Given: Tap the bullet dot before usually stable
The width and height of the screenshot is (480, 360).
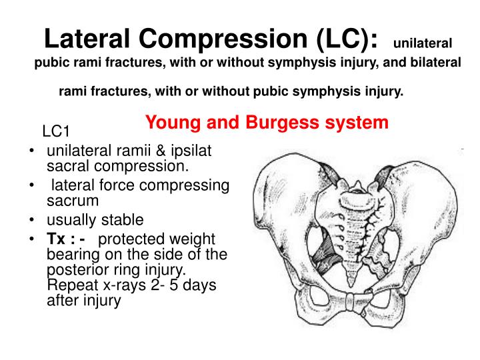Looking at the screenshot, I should click(x=33, y=221).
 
